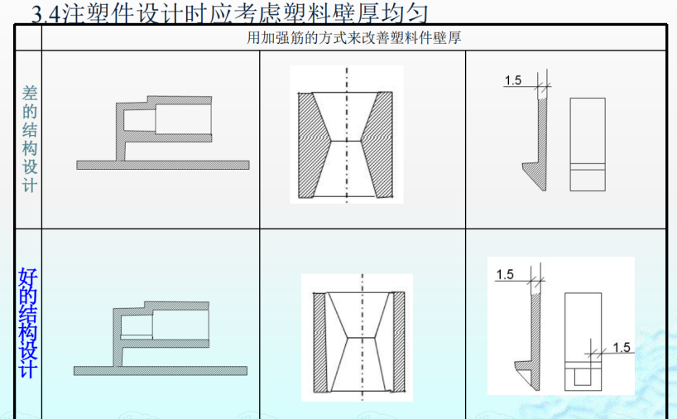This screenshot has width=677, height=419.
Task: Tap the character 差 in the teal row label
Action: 28,92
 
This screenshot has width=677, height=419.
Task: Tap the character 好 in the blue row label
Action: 27,279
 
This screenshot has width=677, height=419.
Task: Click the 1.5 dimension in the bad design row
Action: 512,80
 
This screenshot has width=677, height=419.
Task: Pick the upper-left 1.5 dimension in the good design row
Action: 506,275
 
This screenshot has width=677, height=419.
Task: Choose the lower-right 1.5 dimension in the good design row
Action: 622,347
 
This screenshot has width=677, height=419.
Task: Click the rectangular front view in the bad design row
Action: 588,145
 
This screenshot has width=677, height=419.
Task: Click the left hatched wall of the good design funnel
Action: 319,340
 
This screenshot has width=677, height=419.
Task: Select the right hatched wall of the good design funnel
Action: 399,340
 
